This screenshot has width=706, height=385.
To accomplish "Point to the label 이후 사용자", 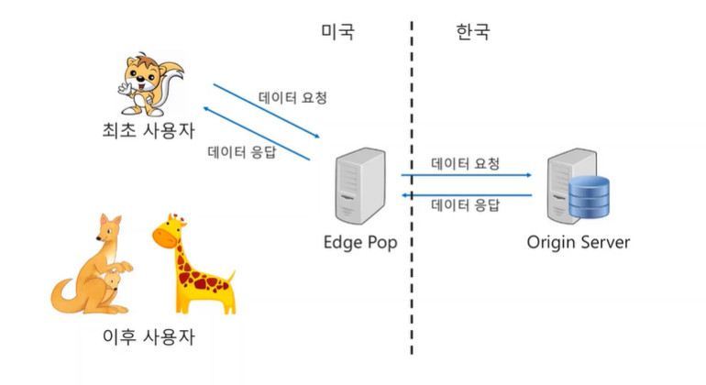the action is click(149, 335).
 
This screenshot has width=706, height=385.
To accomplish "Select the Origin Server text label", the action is click(579, 243).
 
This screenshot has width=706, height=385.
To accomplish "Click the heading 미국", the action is click(337, 32).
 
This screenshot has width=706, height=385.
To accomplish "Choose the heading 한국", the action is click(472, 32).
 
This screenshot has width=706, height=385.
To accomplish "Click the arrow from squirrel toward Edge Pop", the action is click(266, 112).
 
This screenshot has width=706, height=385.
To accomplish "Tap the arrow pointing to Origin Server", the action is click(467, 174).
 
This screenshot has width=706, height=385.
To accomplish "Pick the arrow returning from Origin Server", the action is click(467, 194).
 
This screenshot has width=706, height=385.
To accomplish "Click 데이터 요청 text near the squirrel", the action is click(292, 96).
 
